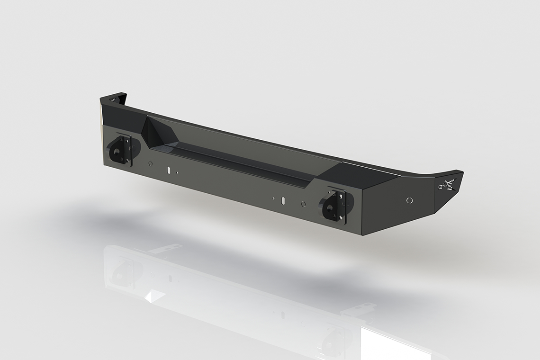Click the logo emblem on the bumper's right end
pyautogui.click(x=447, y=184)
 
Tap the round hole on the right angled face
pyautogui.click(x=409, y=200)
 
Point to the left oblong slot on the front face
pyautogui.click(x=168, y=170)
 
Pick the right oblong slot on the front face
pyautogui.click(x=283, y=200)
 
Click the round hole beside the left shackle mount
pyautogui.click(x=150, y=164)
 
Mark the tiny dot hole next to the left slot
pyautogui.click(x=177, y=172)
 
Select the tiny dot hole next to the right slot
pyautogui.click(x=273, y=198)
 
